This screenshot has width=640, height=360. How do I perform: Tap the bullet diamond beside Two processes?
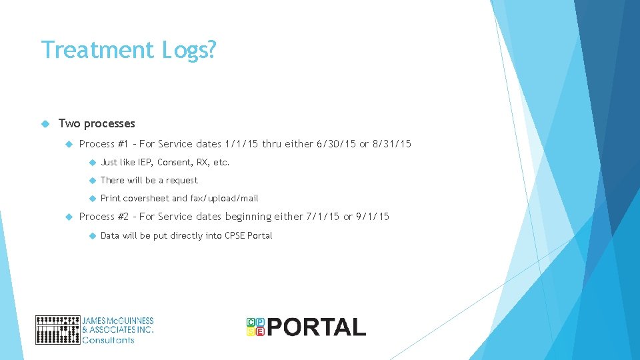pyautogui.click(x=45, y=123)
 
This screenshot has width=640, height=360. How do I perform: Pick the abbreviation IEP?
pyautogui.click(x=143, y=162)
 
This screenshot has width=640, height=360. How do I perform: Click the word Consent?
pyautogui.click(x=174, y=162)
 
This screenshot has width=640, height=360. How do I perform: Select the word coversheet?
pyautogui.click(x=146, y=198)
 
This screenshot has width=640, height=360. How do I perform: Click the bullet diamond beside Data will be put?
pyautogui.click(x=91, y=235)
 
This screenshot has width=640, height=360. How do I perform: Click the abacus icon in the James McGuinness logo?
pyautogui.click(x=57, y=330)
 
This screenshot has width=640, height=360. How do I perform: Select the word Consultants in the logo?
pyautogui.click(x=108, y=340)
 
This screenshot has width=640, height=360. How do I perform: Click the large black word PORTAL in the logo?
pyautogui.click(x=317, y=327)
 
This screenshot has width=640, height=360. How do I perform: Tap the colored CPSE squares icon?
pyautogui.click(x=255, y=327)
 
